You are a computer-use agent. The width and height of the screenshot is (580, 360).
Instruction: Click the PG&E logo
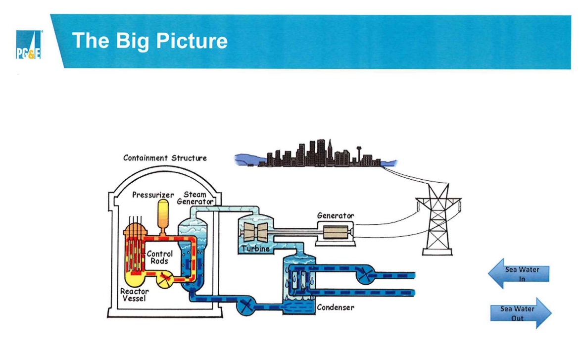(x=29, y=45)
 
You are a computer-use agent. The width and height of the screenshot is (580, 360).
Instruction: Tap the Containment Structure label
(x=165, y=158)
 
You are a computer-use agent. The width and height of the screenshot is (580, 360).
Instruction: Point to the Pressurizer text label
(x=153, y=195)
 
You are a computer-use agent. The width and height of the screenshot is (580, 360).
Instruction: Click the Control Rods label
(x=159, y=257)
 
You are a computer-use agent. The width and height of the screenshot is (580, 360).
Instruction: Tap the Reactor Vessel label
(x=134, y=295)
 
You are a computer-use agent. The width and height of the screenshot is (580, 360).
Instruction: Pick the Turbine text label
(x=255, y=249)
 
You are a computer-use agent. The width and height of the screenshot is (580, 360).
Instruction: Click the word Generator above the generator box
(x=336, y=216)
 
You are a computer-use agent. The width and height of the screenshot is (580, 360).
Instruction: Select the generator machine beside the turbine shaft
(x=335, y=232)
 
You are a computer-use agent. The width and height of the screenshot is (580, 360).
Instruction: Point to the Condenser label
(x=336, y=308)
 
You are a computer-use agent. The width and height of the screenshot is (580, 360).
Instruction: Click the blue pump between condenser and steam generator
(x=245, y=307)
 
